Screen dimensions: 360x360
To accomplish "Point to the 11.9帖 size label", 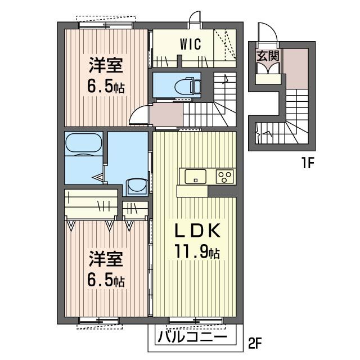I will pos(193,253).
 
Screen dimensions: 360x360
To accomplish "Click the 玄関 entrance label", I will pos(266,56).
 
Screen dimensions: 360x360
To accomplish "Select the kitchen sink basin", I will pos(195,175).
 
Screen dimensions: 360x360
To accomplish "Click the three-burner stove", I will pos(225,176).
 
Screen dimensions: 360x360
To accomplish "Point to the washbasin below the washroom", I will pos(134,186).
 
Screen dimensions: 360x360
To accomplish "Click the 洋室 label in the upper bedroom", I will pos(105,66).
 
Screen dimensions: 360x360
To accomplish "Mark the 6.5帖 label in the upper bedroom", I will pos(105,87).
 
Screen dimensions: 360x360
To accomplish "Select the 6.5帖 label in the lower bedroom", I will pos(105,280).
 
